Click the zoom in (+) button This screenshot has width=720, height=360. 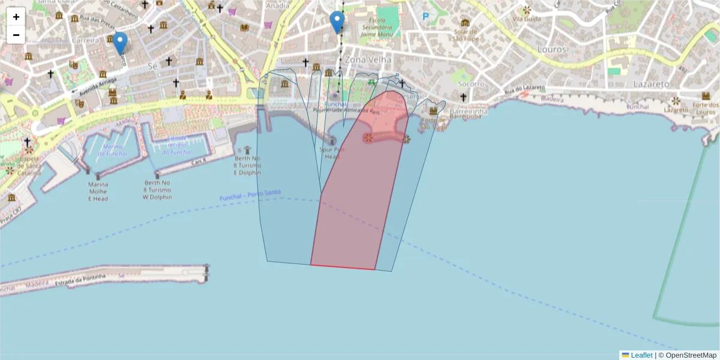pos(16,17)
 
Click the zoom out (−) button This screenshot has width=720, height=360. pos(16,35)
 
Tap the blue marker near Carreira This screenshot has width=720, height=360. pos(121,42)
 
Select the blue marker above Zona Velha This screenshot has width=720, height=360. pos(338,22)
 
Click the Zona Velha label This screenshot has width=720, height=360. pos(368,60)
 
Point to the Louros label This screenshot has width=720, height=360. pos(552,49)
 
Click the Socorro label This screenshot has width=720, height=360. pos(472,84)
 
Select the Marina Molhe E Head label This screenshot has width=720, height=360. pos(98,191)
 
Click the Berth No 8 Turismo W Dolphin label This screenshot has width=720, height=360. pos(158,190)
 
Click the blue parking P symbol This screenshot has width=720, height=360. pos(426,17)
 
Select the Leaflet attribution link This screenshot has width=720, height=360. pos(641,355)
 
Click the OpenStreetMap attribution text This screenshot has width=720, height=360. pos(691,355)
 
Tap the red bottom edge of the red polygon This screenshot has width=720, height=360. pos(343,267)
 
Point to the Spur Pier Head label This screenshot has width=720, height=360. pos(332,153)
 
